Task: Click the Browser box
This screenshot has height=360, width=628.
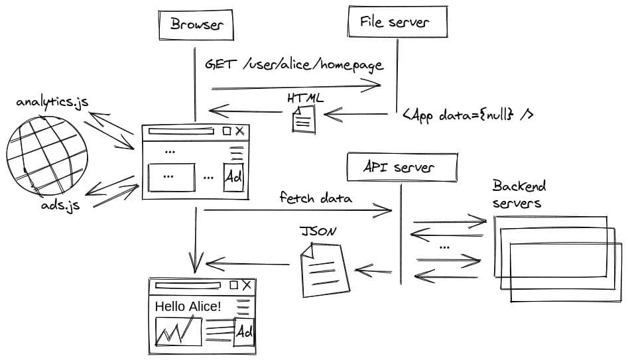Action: pos(196,25)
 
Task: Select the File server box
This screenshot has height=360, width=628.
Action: pos(397,22)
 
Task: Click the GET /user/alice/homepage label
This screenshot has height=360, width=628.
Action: pos(294,65)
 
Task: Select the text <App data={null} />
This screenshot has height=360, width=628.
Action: pos(468,115)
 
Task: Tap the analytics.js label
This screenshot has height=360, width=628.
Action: pos(52,103)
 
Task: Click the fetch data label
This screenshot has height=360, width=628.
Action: pos(316,198)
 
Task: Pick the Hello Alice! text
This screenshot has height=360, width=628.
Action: pos(188,306)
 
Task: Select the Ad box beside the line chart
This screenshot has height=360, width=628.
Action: pos(245,331)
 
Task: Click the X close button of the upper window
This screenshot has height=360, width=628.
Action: pos(239,131)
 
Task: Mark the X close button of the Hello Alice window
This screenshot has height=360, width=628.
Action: pos(247,286)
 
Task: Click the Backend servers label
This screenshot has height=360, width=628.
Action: pos(519,194)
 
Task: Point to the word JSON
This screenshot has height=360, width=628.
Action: pos(318,232)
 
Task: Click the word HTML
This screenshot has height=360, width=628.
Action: pos(305,98)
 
